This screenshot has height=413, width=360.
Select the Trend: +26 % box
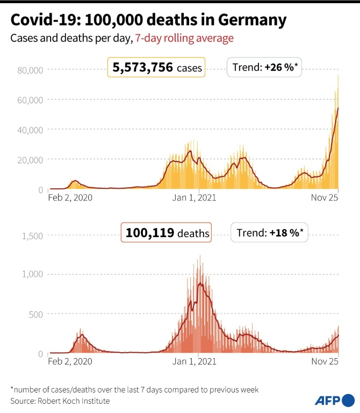[x=265, y=68]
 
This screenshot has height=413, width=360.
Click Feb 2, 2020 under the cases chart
[x=70, y=197]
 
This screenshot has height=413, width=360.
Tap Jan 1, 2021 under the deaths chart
[x=194, y=361]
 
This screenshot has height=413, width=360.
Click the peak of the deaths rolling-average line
[x=200, y=283]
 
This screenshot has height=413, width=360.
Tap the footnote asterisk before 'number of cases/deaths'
[x=12, y=388]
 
